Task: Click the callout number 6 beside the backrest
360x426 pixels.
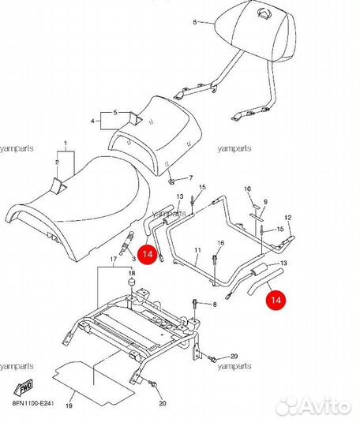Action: (x=195, y=22)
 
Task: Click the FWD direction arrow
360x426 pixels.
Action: (x=24, y=387)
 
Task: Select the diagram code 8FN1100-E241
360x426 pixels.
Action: (x=32, y=403)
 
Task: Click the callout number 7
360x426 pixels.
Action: (x=191, y=178)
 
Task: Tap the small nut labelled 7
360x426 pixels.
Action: (x=171, y=181)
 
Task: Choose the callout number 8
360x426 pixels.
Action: (x=215, y=305)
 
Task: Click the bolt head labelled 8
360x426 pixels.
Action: (x=195, y=301)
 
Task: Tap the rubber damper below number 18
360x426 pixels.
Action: (x=132, y=282)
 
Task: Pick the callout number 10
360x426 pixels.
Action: (x=247, y=189)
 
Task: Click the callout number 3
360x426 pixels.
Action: (x=133, y=259)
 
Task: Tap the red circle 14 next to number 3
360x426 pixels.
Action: (x=148, y=254)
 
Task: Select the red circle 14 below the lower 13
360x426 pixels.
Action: (x=276, y=300)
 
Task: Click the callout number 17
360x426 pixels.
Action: (x=114, y=260)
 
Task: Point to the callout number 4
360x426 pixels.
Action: (x=92, y=121)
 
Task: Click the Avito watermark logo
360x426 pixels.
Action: (x=314, y=407)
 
